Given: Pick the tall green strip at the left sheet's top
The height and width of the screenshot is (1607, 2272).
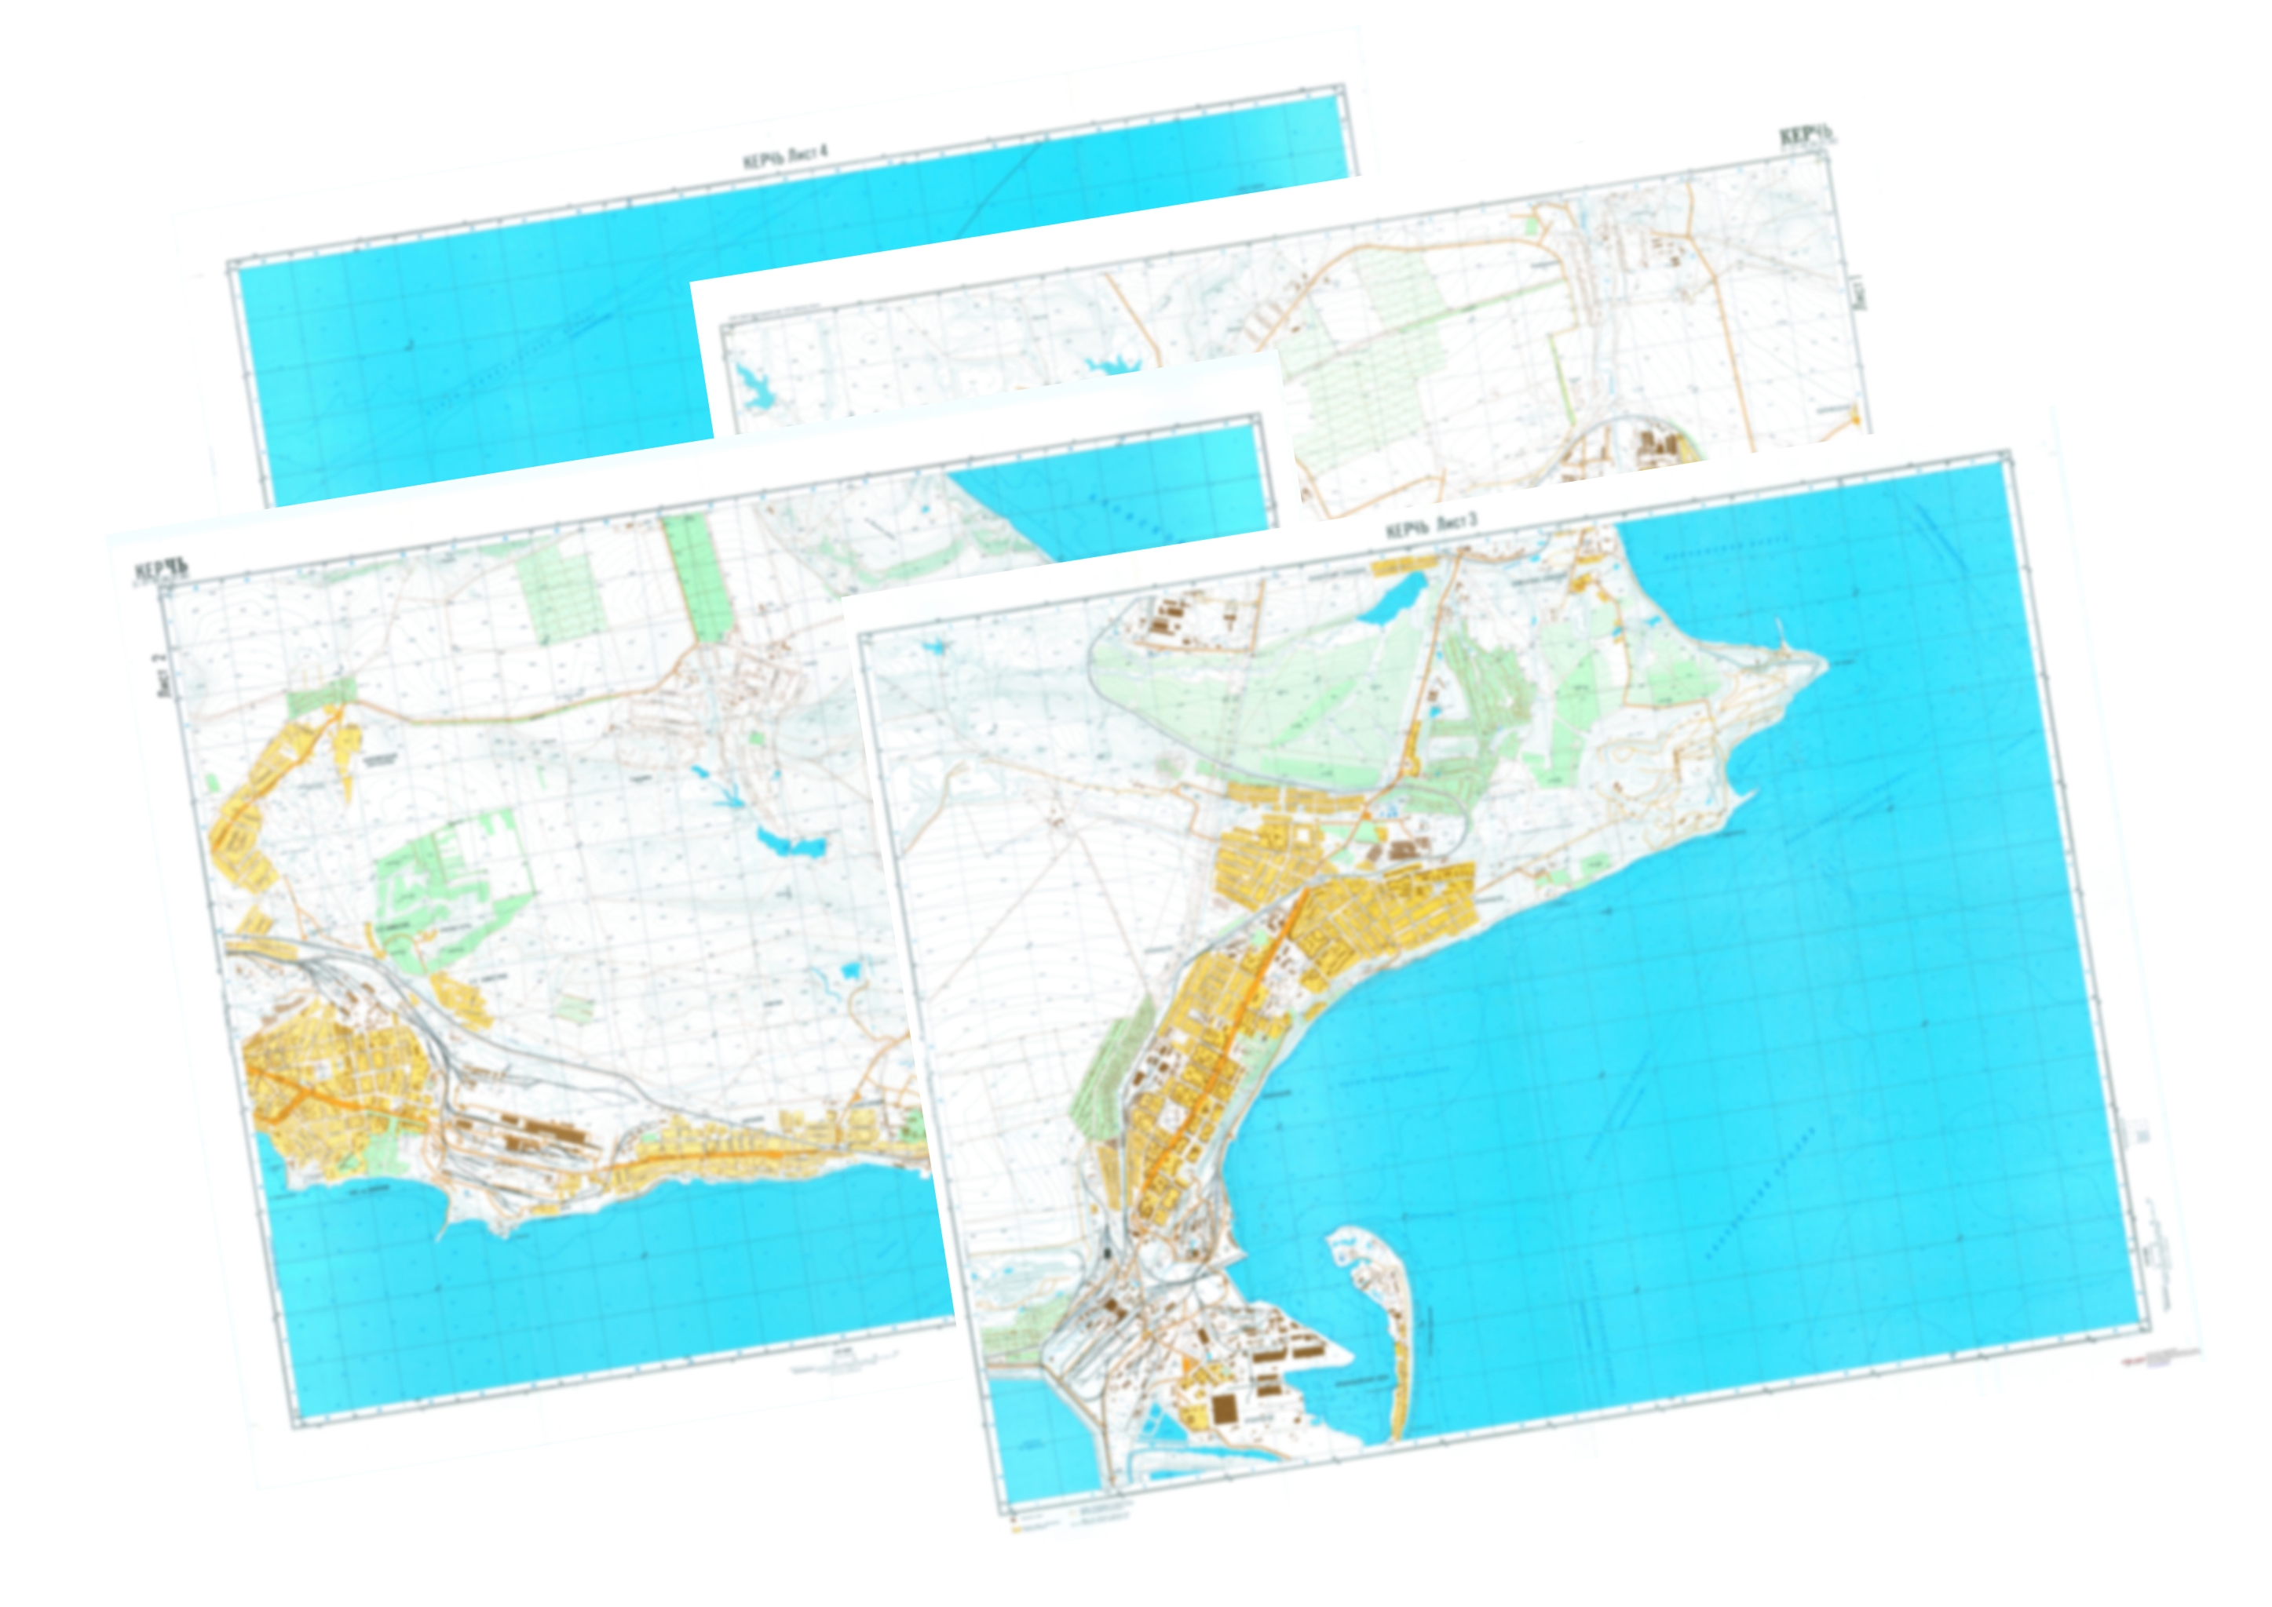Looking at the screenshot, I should tap(696, 574).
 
